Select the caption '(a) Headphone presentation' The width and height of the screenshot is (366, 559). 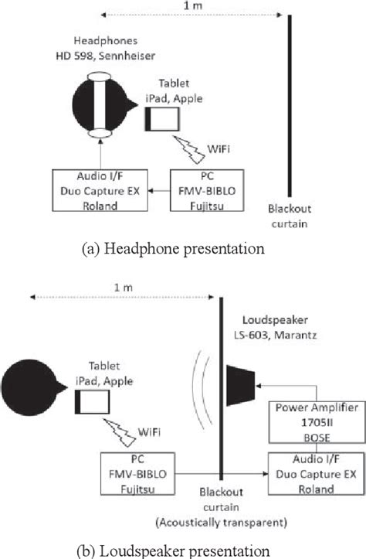[x=183, y=248]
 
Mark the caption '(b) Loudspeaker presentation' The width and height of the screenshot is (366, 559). [x=183, y=550]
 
